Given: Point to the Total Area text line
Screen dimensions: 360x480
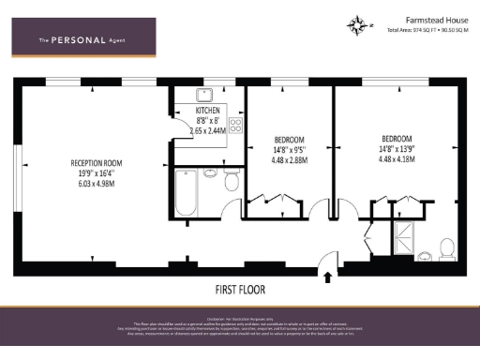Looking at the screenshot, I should (427, 30).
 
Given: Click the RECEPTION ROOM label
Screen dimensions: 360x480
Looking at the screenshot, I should (97, 163).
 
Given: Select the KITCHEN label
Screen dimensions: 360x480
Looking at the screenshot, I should (208, 111).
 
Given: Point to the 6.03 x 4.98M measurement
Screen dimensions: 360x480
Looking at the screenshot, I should (97, 184).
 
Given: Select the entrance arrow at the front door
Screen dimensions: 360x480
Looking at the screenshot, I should (326, 276).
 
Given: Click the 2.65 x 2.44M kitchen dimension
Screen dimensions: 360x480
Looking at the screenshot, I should (208, 132).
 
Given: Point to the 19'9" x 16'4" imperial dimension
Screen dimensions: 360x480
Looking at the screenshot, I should (97, 173).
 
